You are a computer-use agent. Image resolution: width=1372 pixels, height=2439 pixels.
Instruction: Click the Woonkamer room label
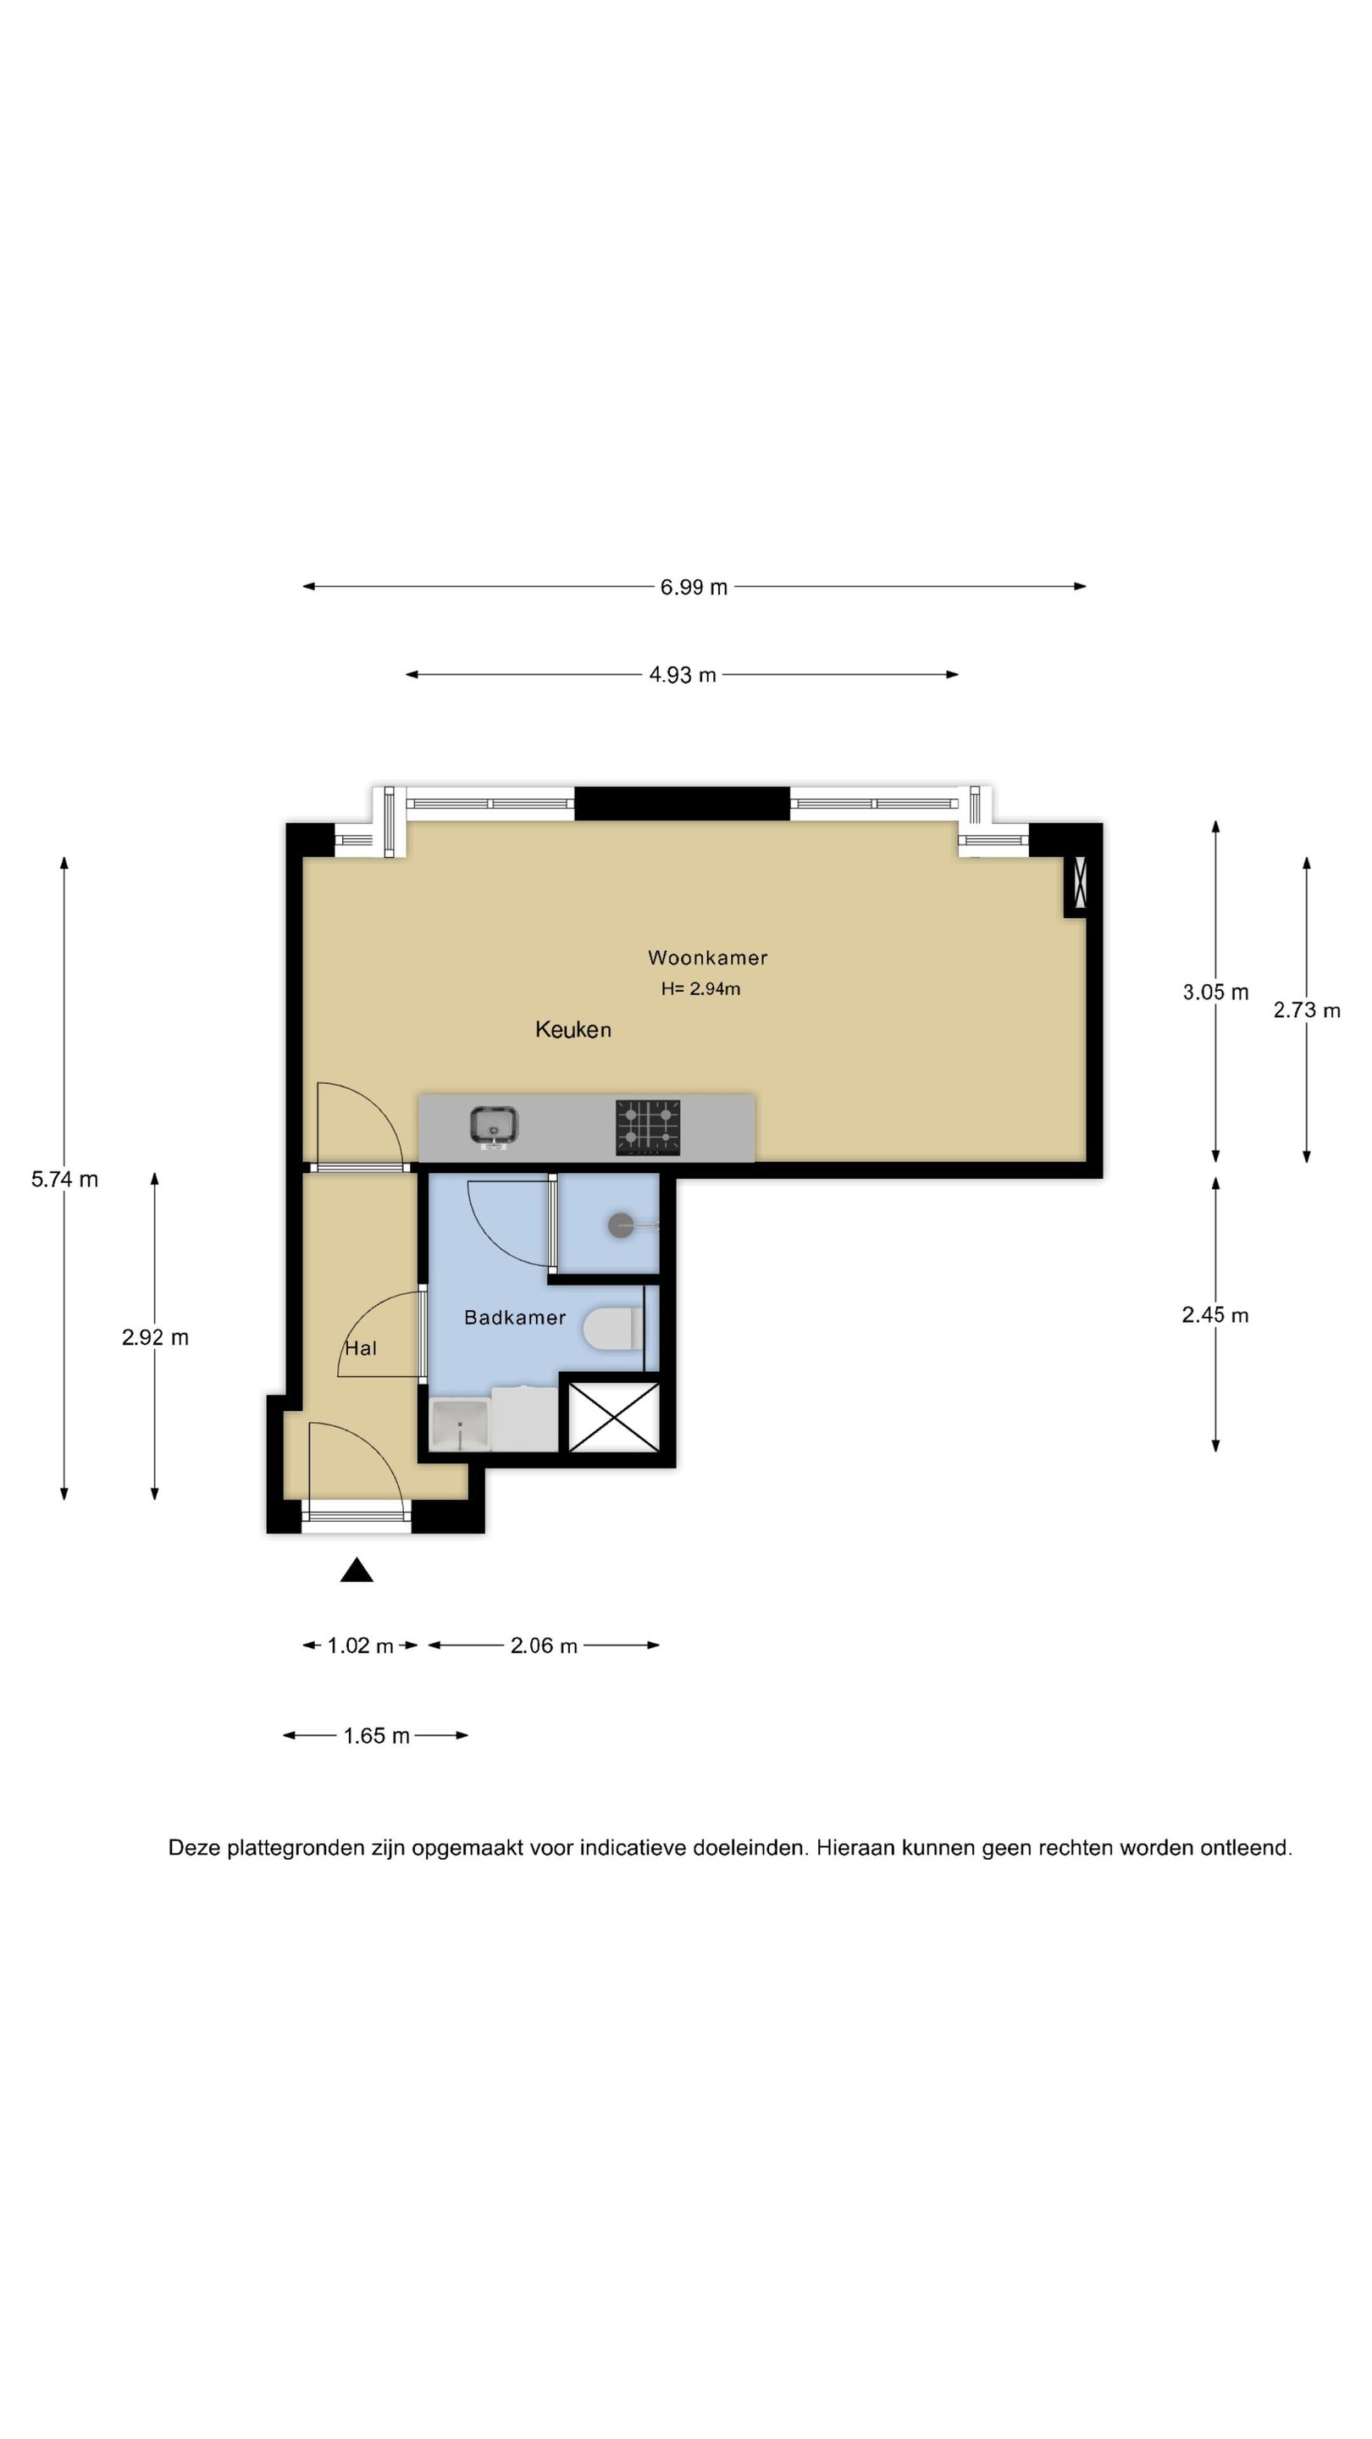pyautogui.click(x=707, y=957)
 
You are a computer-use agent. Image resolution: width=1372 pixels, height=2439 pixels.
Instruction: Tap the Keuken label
pyautogui.click(x=573, y=1029)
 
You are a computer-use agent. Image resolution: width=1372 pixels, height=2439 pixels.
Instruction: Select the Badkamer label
pyautogui.click(x=515, y=1317)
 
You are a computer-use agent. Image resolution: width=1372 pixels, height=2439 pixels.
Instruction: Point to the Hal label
pyautogui.click(x=361, y=1348)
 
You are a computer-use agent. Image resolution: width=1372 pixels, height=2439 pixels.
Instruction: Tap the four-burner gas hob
pyautogui.click(x=648, y=1126)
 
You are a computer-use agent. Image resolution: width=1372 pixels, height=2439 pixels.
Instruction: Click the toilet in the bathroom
pyautogui.click(x=613, y=1329)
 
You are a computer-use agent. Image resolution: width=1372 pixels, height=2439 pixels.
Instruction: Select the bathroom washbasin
pyautogui.click(x=459, y=1425)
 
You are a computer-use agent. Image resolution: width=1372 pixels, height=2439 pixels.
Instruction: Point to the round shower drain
pyautogui.click(x=620, y=1225)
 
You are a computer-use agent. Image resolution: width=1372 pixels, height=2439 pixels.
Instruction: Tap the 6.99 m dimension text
pyautogui.click(x=694, y=587)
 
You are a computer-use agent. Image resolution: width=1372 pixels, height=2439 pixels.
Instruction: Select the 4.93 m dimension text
pyautogui.click(x=683, y=675)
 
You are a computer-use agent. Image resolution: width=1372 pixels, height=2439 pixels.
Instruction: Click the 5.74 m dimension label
pyautogui.click(x=64, y=1179)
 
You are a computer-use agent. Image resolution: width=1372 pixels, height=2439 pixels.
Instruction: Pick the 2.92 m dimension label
pyautogui.click(x=155, y=1337)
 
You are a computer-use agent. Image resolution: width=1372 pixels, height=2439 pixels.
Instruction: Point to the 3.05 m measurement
pyautogui.click(x=1216, y=993)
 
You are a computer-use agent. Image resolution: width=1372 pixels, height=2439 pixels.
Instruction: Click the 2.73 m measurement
pyautogui.click(x=1307, y=1010)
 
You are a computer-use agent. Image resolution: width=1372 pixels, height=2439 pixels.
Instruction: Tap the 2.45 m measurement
pyautogui.click(x=1216, y=1315)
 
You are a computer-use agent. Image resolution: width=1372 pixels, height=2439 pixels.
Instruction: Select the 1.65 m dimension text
pyautogui.click(x=377, y=1735)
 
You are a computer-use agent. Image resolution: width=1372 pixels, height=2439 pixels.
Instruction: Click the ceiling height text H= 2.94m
pyautogui.click(x=700, y=988)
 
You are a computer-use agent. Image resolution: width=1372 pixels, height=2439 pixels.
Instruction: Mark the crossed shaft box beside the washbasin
pyautogui.click(x=613, y=1417)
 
